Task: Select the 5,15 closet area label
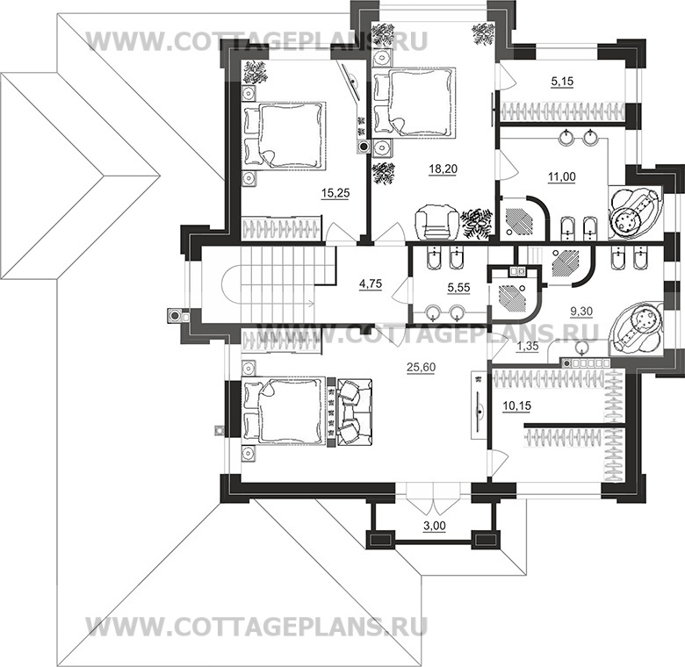tap(562, 82)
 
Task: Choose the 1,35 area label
tap(527, 346)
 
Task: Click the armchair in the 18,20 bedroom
tap(436, 220)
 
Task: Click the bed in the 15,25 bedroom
tap(283, 133)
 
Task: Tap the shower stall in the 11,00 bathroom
tap(523, 216)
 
